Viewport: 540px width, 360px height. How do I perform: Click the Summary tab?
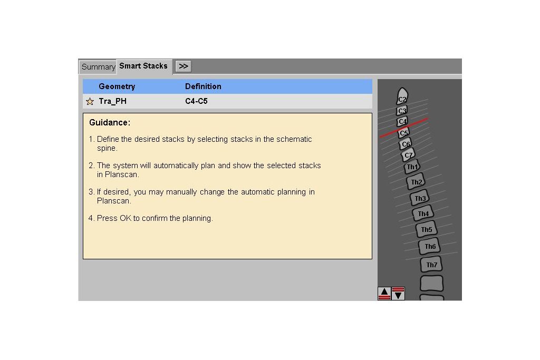click(98, 67)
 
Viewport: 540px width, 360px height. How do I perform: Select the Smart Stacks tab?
click(143, 66)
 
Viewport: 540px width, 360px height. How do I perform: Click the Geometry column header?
click(117, 86)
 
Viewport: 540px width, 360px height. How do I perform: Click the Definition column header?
click(203, 86)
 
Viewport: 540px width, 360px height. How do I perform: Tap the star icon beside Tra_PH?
click(90, 101)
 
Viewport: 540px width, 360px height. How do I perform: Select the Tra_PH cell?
click(113, 101)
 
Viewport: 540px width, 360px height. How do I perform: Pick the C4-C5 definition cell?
click(196, 101)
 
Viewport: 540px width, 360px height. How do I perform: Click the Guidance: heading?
click(110, 122)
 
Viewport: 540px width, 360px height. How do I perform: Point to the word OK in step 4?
click(126, 218)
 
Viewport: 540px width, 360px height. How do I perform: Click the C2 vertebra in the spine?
click(402, 96)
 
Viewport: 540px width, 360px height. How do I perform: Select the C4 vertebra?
click(402, 121)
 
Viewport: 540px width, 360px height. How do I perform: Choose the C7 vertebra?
click(408, 155)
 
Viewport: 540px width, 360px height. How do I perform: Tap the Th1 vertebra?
click(412, 167)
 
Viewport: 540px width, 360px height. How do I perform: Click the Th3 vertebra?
click(420, 198)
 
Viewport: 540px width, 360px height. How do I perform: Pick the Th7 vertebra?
click(431, 265)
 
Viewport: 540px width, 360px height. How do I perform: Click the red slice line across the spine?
click(404, 128)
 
